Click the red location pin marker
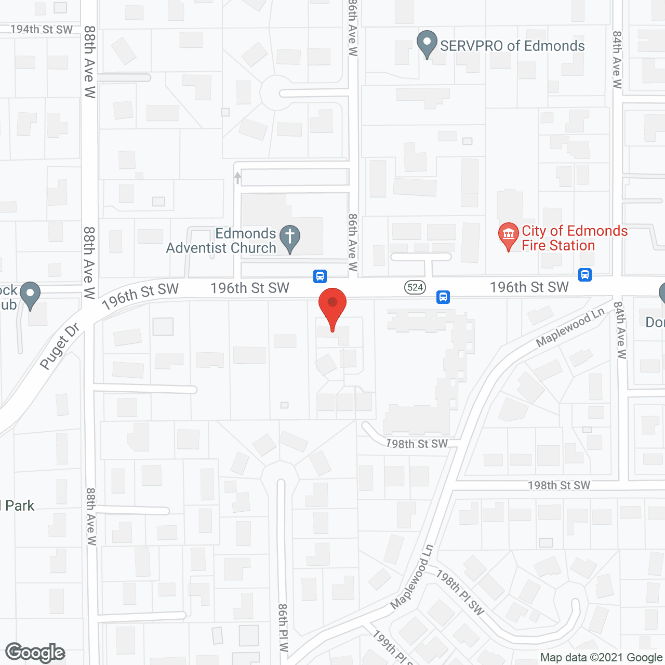[332, 307]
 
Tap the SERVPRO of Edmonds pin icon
[427, 44]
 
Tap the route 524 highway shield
[415, 287]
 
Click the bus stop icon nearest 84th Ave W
[585, 274]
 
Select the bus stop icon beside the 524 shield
[443, 297]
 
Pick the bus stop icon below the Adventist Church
[320, 276]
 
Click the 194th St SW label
[42, 30]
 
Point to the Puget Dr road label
[60, 346]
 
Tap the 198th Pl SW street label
[460, 592]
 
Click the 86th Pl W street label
[283, 628]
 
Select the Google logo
[35, 653]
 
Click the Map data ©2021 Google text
[602, 658]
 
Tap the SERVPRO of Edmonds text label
[512, 46]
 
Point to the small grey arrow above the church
[237, 178]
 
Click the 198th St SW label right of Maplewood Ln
[559, 485]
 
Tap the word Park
[20, 506]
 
